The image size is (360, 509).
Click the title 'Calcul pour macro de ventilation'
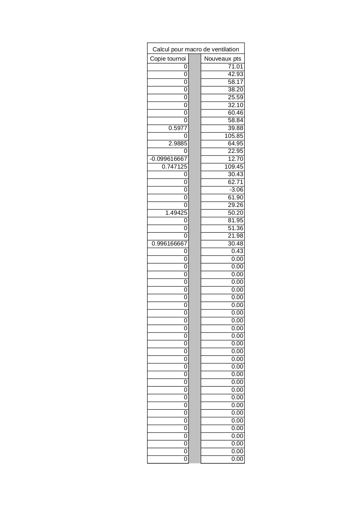click(x=196, y=49)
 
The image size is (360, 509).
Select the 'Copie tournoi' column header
click(x=168, y=59)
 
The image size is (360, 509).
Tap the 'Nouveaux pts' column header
click(x=222, y=59)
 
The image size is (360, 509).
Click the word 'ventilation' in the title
click(x=225, y=49)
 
